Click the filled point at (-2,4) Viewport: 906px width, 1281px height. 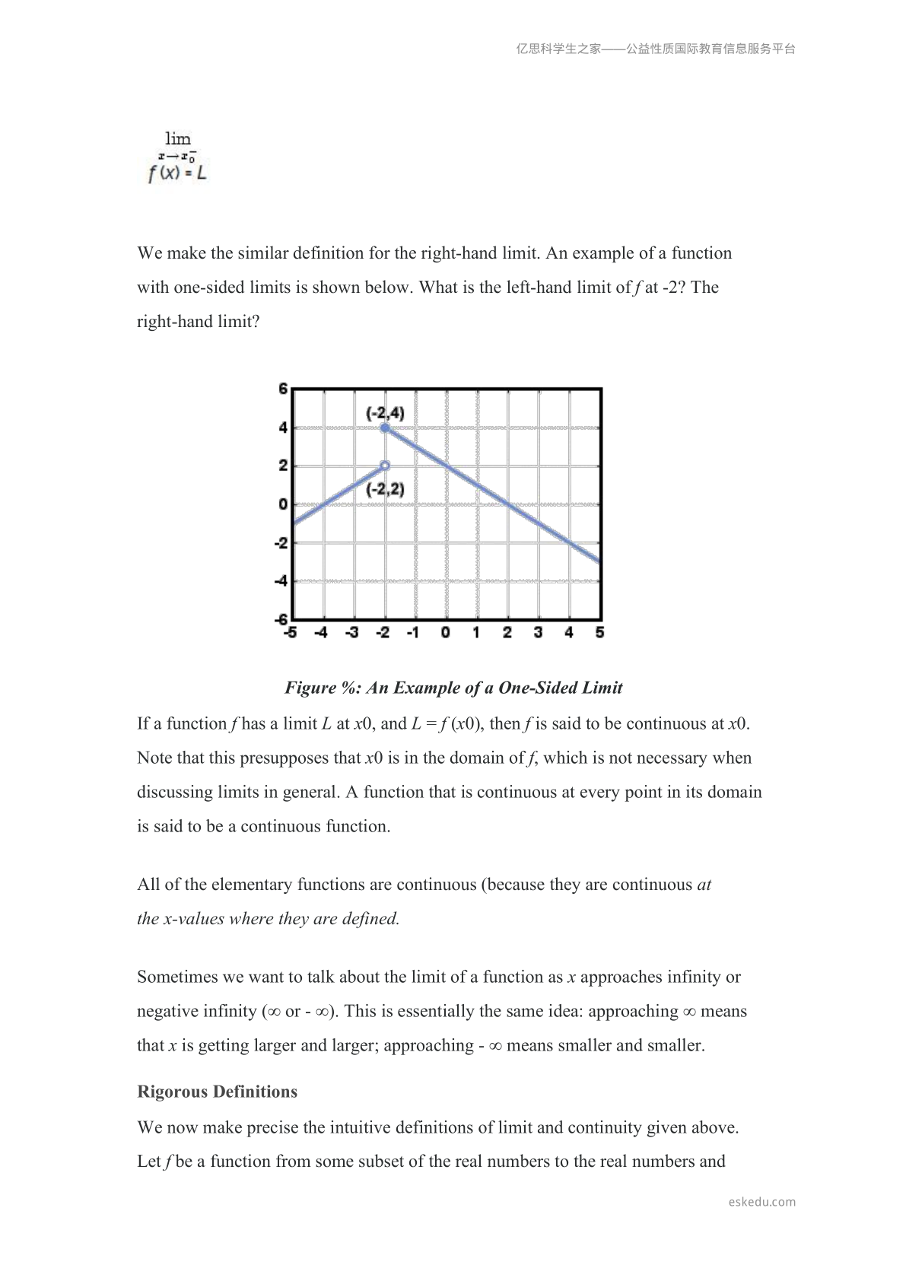point(385,428)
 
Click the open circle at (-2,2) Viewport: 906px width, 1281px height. point(385,466)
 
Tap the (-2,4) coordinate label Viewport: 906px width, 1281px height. point(386,414)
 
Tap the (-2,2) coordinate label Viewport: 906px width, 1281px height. point(386,489)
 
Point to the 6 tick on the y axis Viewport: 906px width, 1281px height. point(283,389)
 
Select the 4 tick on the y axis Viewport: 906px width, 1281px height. point(283,428)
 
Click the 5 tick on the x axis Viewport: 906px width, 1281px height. point(599,632)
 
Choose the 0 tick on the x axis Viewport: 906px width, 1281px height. point(445,632)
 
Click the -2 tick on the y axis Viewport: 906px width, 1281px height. point(281,543)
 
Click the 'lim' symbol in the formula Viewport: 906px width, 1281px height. point(178,138)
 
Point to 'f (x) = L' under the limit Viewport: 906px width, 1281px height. point(177,173)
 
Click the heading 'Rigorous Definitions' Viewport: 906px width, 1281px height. point(217,1092)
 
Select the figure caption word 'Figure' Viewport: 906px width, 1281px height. point(310,688)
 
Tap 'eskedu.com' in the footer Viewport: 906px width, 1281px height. point(761,1202)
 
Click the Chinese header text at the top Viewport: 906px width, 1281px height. point(656,49)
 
